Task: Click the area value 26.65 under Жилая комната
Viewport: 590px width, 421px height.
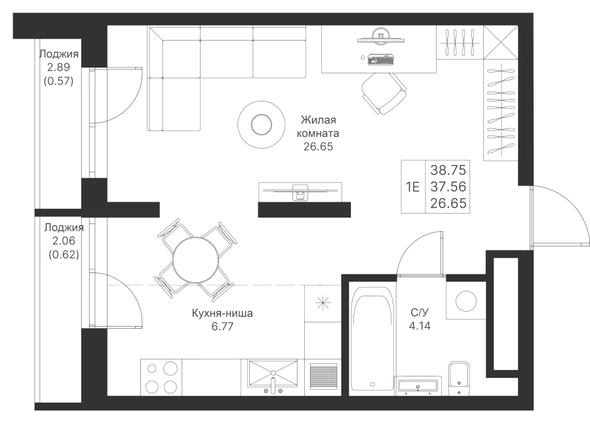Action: coord(318,147)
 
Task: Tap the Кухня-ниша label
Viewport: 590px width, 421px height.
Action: coord(222,314)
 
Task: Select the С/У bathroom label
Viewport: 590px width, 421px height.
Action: coord(420,312)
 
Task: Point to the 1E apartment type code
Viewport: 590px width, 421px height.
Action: coord(412,187)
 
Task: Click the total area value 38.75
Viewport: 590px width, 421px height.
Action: coord(448,170)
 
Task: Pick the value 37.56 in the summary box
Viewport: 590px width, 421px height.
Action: coord(448,187)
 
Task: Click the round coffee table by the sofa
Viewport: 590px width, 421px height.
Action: coord(260,124)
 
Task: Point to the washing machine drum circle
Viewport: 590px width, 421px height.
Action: coord(467,301)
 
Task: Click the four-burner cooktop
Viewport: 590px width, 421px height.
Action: coord(161,376)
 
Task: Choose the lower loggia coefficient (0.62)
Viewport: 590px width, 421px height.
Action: coord(64,255)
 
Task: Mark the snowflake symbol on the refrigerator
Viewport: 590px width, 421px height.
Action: coord(322,302)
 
